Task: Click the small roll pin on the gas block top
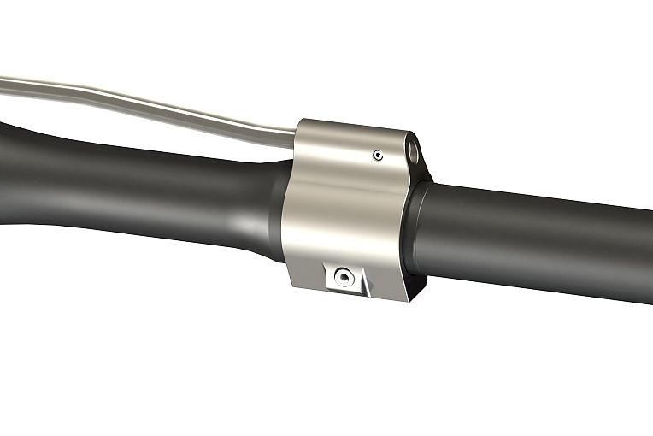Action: pyautogui.click(x=376, y=155)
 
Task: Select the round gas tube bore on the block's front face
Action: pyautogui.click(x=414, y=151)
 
